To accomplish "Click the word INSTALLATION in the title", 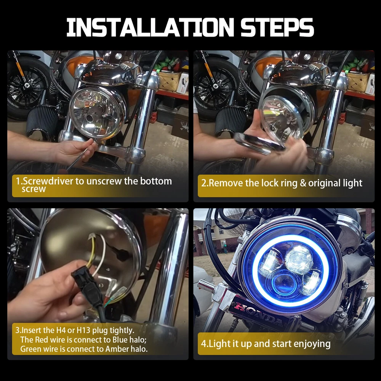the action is point(150,27).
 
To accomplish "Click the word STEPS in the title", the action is point(277,27).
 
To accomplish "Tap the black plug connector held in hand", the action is point(88,287).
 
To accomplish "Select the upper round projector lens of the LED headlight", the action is point(299,259).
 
